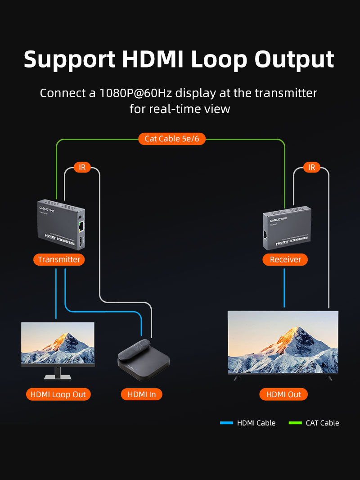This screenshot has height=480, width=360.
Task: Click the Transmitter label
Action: (x=59, y=259)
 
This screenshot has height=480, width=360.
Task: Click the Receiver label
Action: (x=285, y=259)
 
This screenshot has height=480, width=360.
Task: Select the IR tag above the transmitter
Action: (x=82, y=168)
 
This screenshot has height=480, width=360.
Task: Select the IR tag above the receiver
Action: (x=311, y=168)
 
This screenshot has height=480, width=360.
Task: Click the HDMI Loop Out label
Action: (x=58, y=394)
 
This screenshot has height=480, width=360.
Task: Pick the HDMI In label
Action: (x=141, y=394)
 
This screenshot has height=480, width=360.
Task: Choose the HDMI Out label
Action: (x=283, y=394)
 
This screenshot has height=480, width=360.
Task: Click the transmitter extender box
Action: (x=60, y=225)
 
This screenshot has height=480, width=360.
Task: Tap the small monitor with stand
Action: (x=58, y=344)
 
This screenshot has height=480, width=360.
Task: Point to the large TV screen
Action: (x=283, y=342)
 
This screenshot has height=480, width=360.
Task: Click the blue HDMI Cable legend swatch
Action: (x=226, y=423)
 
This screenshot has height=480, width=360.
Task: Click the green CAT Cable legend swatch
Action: (x=295, y=423)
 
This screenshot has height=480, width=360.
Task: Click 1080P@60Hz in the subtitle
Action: (x=136, y=93)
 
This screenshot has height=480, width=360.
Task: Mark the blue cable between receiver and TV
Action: (x=284, y=288)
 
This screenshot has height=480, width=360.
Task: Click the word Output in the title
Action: (x=294, y=59)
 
